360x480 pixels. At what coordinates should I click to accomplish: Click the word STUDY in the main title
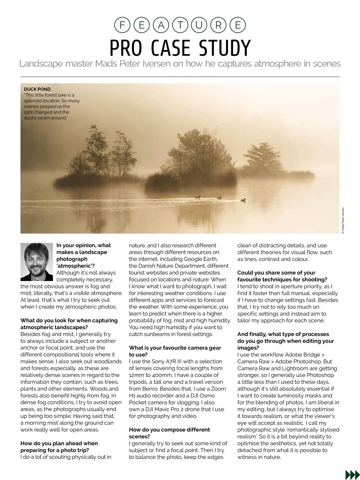pyautogui.click(x=220, y=48)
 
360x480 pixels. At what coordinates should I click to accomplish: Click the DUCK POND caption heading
pyautogui.click(x=37, y=89)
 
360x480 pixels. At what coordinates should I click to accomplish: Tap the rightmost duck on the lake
pyautogui.click(x=243, y=200)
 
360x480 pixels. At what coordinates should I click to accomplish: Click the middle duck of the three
pyautogui.click(x=219, y=197)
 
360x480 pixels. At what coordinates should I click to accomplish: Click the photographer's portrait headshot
pyautogui.click(x=37, y=261)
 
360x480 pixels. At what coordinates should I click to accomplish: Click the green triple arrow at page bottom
pyautogui.click(x=352, y=474)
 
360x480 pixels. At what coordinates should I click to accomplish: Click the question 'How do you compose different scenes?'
pyautogui.click(x=169, y=433)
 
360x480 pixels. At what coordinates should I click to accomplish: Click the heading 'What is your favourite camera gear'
pyautogui.click(x=175, y=348)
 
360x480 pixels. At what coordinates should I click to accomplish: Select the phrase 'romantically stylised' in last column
pyautogui.click(x=311, y=430)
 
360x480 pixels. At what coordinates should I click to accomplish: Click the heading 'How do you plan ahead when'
pyautogui.click(x=59, y=443)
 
